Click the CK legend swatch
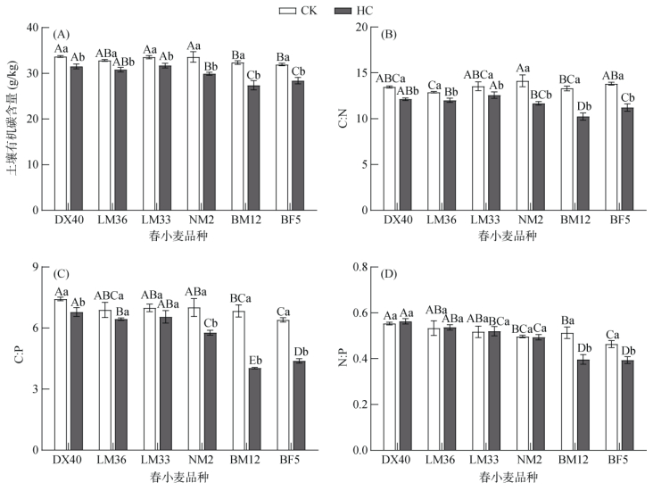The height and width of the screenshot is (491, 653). (x=287, y=10)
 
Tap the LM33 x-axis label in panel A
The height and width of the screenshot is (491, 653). (x=157, y=221)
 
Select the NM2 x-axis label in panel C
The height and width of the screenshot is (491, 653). (x=201, y=460)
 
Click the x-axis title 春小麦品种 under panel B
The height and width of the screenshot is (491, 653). (x=508, y=237)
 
